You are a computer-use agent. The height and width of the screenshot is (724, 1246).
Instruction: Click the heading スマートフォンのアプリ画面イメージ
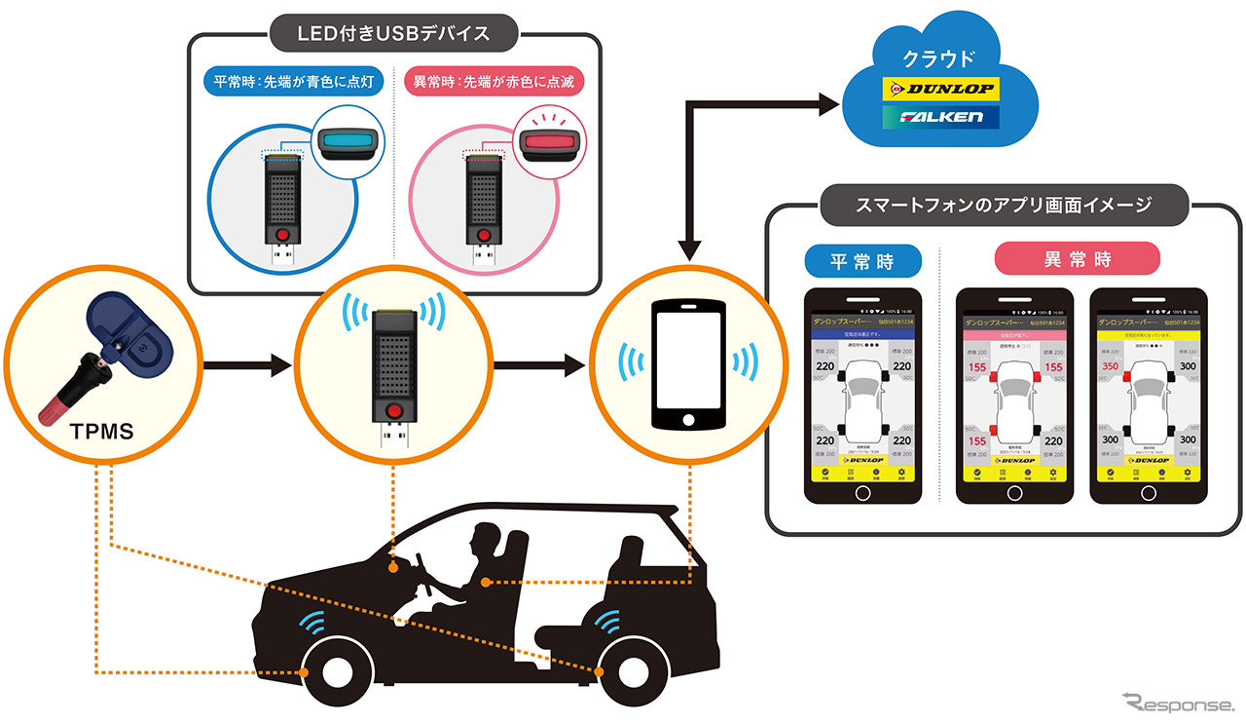tap(1005, 205)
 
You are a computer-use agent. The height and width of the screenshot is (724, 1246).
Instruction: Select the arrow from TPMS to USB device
tap(247, 366)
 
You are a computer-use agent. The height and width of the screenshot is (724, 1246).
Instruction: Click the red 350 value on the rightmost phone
tap(1108, 366)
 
